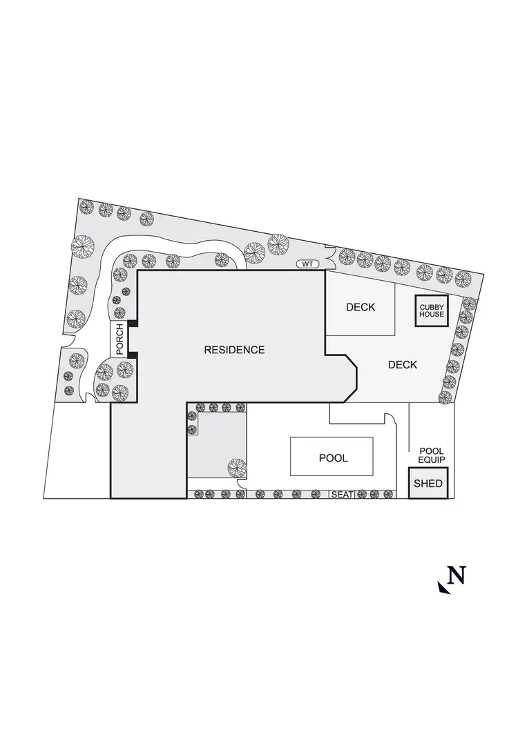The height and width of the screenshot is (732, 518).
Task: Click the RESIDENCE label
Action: [234, 350]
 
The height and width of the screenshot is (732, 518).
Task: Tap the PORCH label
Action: [119, 339]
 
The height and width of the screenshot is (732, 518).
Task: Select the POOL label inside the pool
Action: [333, 458]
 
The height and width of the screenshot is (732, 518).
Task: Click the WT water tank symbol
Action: [306, 264]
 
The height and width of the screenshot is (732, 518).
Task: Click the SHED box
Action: [428, 484]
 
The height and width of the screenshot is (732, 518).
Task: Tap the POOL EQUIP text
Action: [432, 455]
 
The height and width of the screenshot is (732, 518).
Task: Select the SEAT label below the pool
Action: [342, 495]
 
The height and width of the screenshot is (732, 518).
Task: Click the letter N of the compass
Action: [457, 575]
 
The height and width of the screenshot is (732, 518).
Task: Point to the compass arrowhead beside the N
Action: [443, 587]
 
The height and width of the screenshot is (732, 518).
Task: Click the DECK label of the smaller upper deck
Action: [361, 307]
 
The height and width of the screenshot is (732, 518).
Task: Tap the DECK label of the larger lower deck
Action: [403, 365]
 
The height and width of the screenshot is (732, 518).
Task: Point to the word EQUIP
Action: [432, 459]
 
